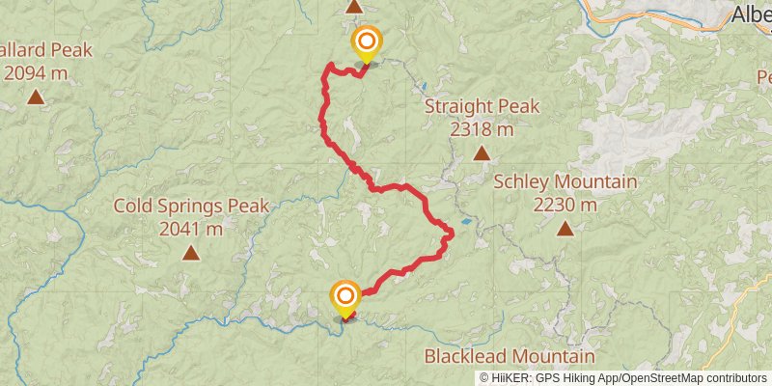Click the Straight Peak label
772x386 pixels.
coord(482,106)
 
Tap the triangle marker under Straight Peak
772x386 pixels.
coord(481,152)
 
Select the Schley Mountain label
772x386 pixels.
coord(565,182)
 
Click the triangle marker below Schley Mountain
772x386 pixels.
coord(565,229)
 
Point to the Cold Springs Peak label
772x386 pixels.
coord(191,206)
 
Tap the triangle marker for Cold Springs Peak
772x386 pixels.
coord(191,253)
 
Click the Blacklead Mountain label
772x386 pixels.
coord(510,356)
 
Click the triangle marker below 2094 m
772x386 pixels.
coord(36,96)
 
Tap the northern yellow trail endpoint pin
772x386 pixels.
coord(367,42)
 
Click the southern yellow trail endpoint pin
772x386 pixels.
coord(345,296)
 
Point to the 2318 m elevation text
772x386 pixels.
coord(482,129)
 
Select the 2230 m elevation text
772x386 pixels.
coord(565,205)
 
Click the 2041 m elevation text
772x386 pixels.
coord(191,229)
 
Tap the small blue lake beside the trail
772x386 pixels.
coord(467,222)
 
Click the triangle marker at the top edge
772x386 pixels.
coord(354,7)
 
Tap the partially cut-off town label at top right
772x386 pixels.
coord(751,14)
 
